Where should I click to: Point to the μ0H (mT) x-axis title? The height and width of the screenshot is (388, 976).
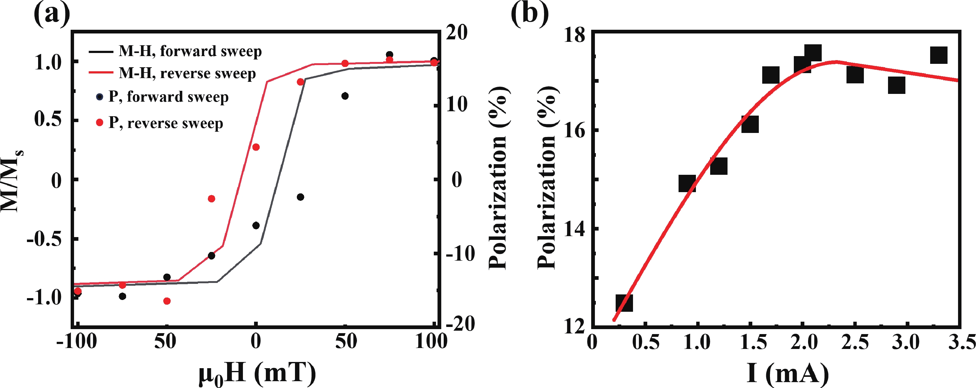click(257, 373)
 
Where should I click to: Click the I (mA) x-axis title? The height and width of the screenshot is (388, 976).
click(788, 373)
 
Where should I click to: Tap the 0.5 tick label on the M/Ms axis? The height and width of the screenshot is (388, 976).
click(48, 120)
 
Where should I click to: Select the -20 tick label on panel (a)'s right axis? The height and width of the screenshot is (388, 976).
click(460, 324)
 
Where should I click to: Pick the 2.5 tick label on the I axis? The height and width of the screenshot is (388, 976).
click(855, 342)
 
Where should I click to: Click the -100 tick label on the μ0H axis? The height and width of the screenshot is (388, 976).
click(77, 342)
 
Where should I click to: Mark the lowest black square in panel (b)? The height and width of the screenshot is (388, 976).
click(624, 303)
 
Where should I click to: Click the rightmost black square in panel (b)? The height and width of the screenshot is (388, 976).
click(939, 55)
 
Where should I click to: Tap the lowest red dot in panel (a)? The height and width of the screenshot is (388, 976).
click(167, 301)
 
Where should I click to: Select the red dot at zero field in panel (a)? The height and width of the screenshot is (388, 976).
click(256, 147)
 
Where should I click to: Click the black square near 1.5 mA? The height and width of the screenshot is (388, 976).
click(750, 124)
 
